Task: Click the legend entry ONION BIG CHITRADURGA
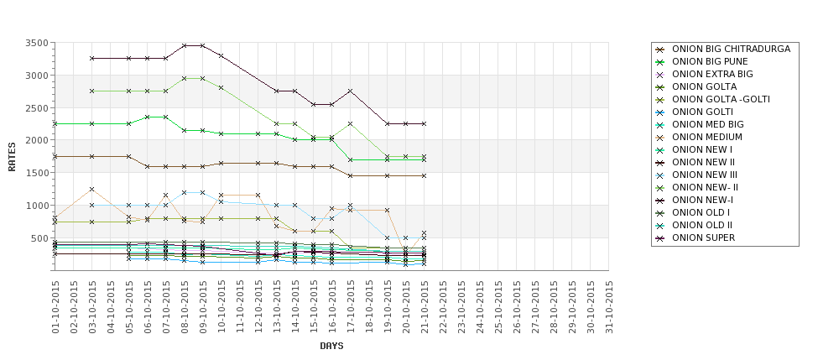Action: (x=731, y=49)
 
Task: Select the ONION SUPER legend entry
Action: (x=704, y=237)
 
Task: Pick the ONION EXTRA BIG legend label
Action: (x=712, y=74)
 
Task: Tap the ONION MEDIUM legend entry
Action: (x=706, y=137)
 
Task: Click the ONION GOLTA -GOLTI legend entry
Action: (x=721, y=99)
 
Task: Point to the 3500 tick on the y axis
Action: (x=36, y=43)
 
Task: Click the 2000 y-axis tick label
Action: (x=36, y=141)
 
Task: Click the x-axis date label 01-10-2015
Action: (x=55, y=307)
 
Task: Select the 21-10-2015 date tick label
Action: (x=425, y=307)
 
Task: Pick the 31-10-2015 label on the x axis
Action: (x=609, y=307)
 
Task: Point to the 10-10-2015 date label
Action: (x=221, y=307)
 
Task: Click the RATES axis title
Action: (x=13, y=156)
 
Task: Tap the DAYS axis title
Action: (x=331, y=346)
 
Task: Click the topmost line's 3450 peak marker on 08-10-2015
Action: (x=185, y=45)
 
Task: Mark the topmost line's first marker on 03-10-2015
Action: (x=92, y=59)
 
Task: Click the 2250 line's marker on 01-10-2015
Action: (x=55, y=123)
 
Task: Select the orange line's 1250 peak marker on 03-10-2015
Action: (x=92, y=189)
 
